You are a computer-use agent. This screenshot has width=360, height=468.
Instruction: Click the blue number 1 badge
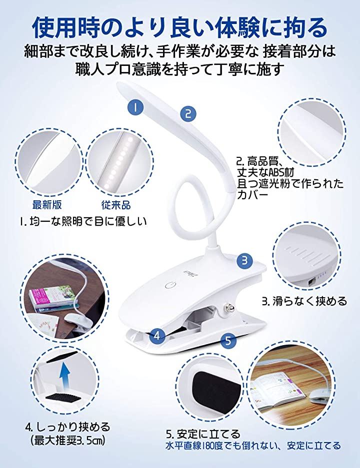pos(135,107)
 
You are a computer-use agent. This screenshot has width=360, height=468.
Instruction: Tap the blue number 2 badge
pos(188,114)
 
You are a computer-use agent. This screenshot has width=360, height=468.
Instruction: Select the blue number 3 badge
pos(244,260)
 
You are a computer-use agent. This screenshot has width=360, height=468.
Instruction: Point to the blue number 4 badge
pos(157,336)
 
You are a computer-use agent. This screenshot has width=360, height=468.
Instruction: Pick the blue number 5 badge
pos(228,341)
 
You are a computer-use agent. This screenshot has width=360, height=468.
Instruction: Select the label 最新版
pos(47,205)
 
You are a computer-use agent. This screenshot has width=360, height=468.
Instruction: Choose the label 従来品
pos(116,205)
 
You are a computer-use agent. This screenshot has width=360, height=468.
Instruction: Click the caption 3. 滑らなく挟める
pos(304,301)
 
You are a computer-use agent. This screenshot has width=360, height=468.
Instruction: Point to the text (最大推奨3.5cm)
pos(67,441)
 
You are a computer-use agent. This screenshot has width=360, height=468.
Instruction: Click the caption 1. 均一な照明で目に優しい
pos(83,221)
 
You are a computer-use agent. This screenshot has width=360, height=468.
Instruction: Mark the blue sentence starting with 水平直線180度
pos(253,446)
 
